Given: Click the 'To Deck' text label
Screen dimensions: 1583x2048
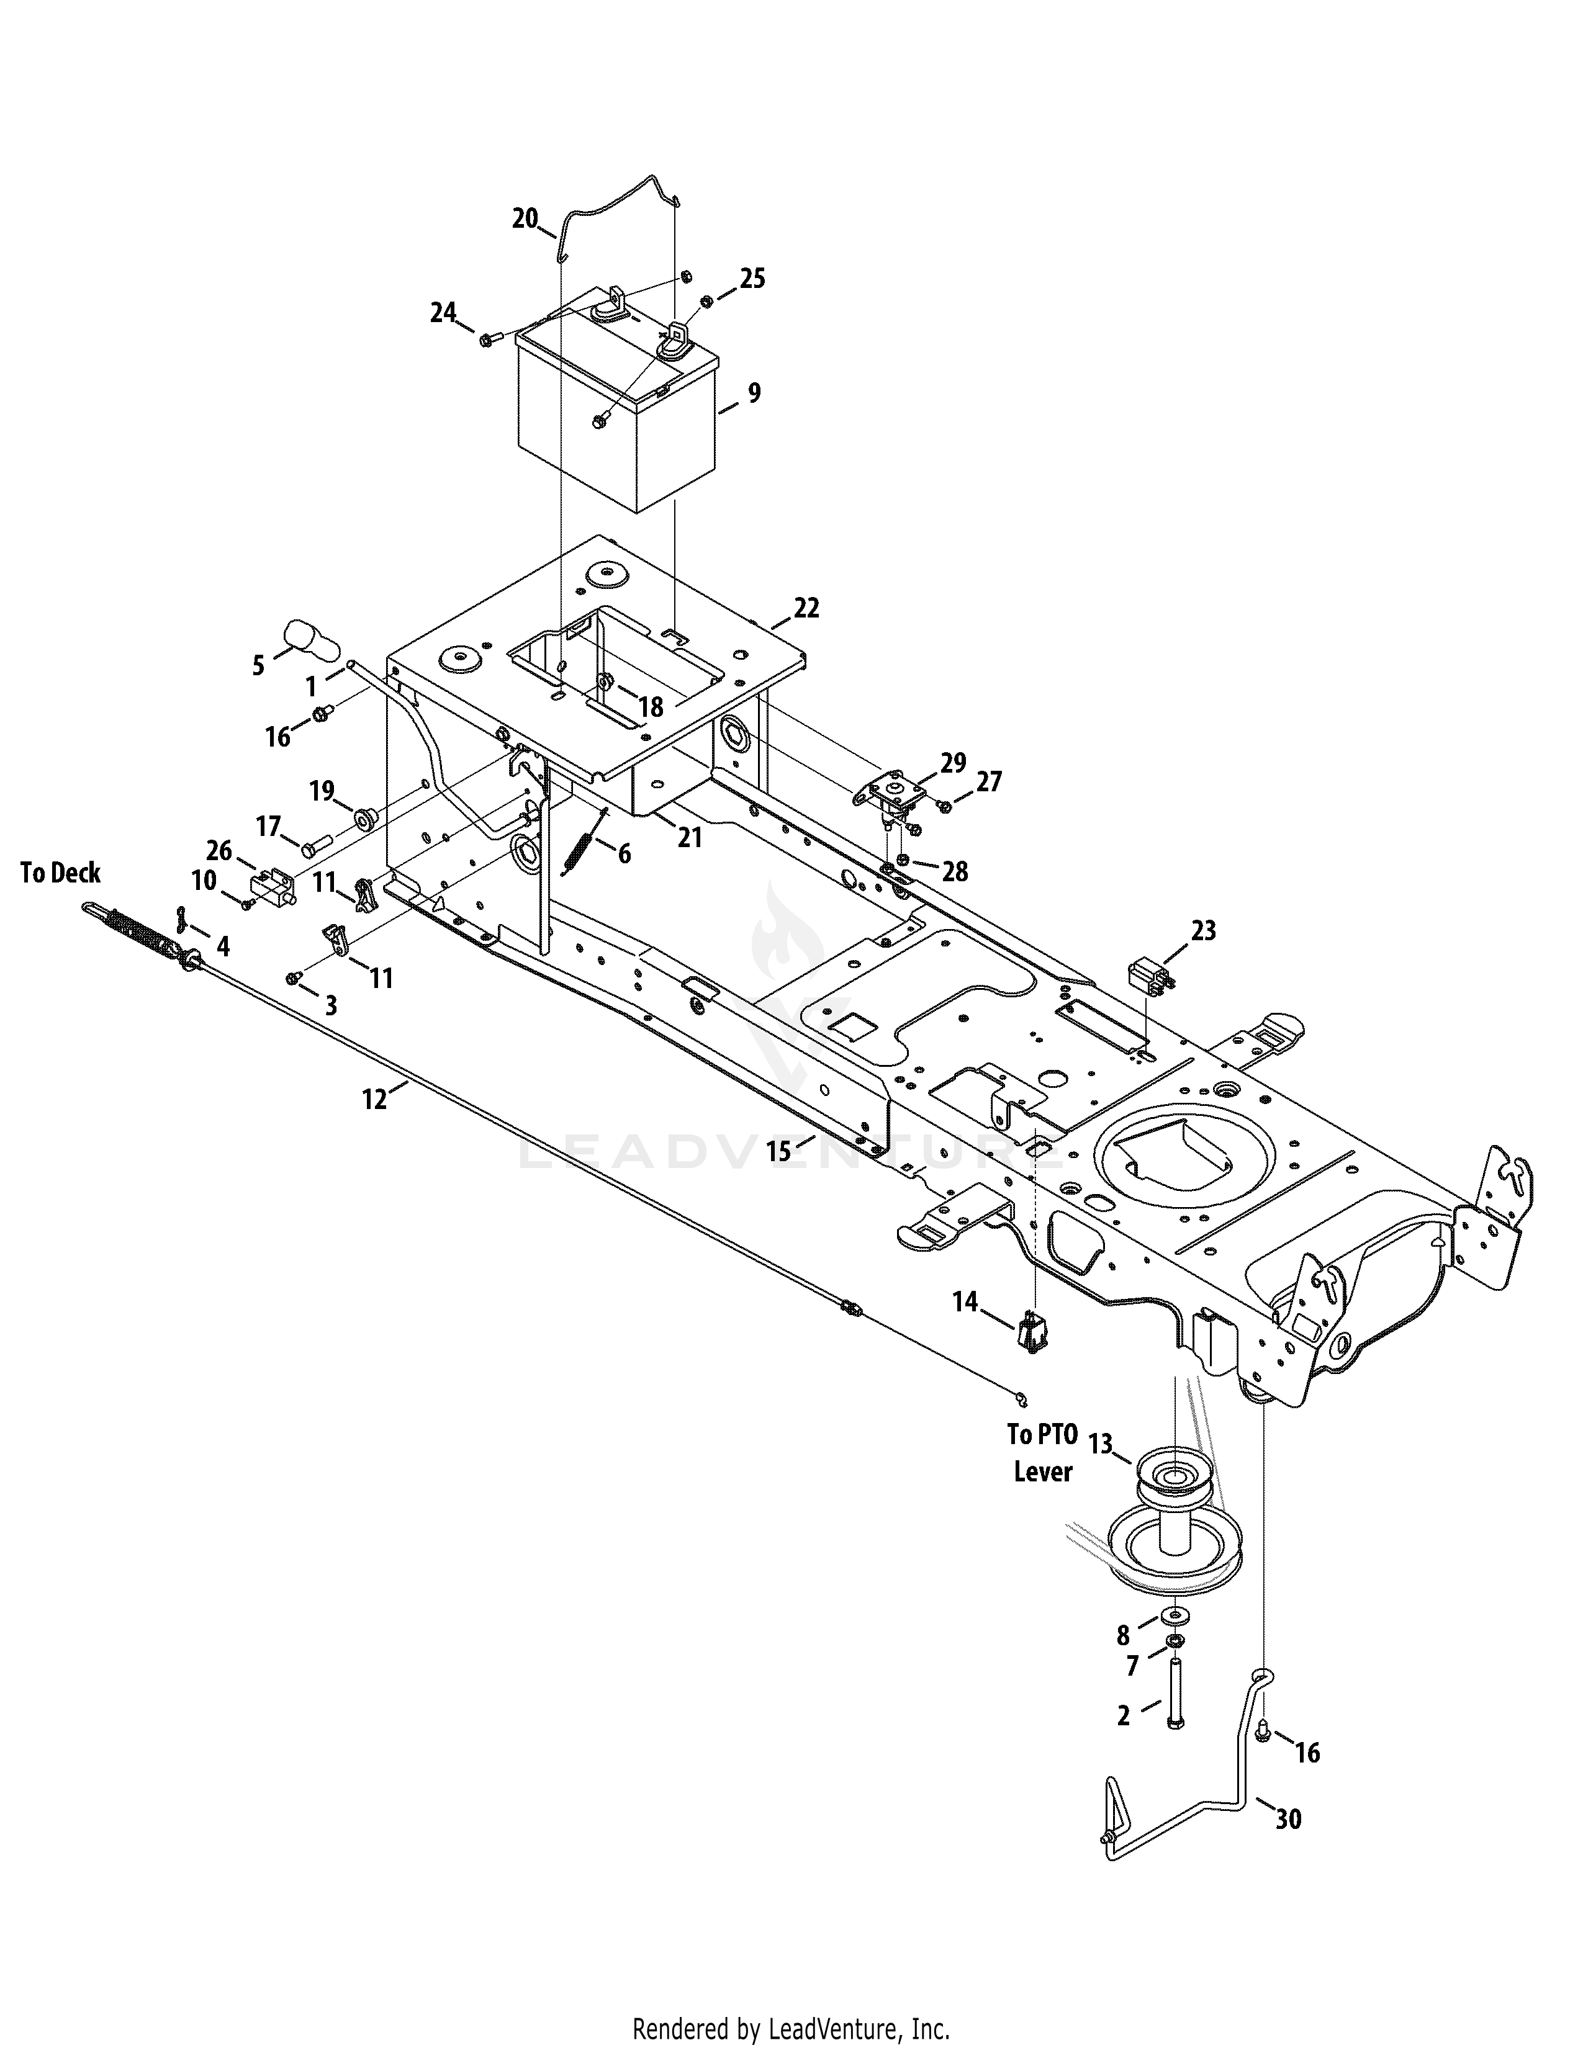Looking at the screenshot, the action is (61, 873).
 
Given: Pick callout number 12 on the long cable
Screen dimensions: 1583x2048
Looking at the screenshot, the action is (374, 1099).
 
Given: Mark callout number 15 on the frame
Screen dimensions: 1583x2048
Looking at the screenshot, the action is (778, 1151).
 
